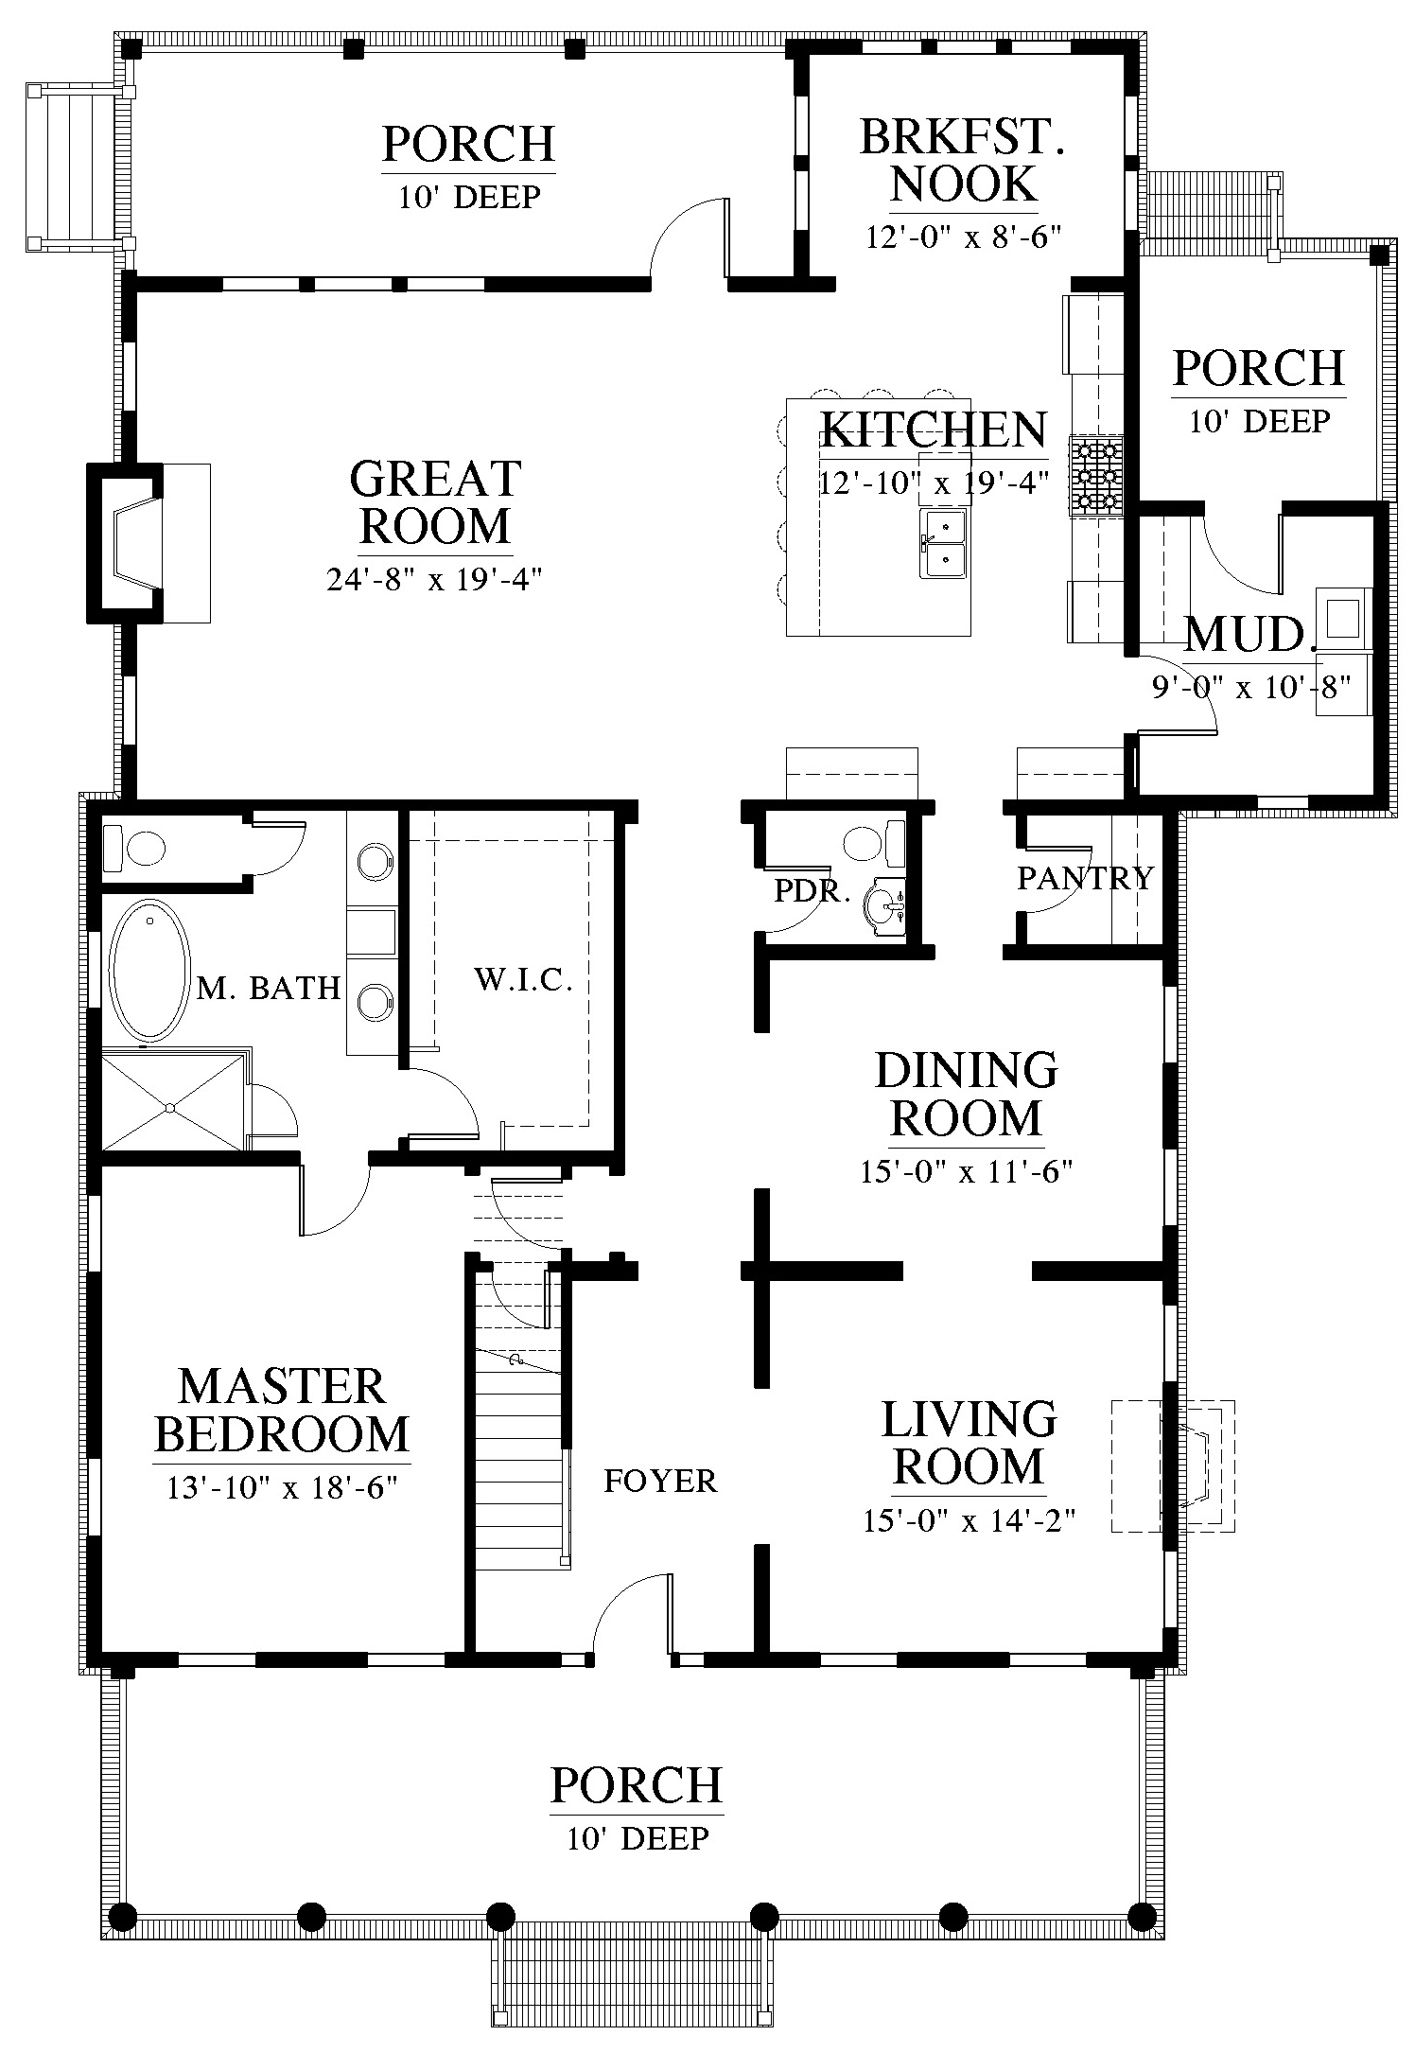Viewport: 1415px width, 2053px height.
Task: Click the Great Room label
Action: click(436, 502)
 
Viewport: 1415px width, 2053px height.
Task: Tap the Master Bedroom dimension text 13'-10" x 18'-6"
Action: click(281, 1488)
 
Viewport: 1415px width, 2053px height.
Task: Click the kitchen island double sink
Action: click(944, 543)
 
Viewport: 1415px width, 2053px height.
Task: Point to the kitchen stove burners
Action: click(1096, 476)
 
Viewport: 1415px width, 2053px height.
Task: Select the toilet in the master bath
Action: click(132, 848)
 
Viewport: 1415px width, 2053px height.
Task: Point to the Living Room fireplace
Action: click(1173, 1465)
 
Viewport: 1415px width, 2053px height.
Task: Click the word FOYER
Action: click(660, 1481)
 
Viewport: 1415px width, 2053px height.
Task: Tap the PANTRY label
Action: click(1086, 878)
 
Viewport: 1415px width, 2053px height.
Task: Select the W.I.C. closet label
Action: click(523, 980)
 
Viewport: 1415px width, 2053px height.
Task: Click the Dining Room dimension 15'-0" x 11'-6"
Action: click(966, 1172)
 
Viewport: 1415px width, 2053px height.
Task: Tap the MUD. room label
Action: click(1249, 635)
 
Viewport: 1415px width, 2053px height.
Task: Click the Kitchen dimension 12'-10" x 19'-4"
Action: click(934, 483)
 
